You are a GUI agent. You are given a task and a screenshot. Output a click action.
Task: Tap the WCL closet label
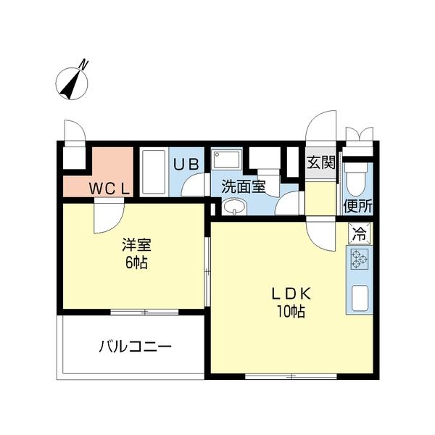pos(109,188)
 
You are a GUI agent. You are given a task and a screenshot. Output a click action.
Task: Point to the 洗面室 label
pos(243,186)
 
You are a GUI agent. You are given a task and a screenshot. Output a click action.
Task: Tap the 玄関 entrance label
pos(320,162)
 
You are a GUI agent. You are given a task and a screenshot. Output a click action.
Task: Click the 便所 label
pos(357,205)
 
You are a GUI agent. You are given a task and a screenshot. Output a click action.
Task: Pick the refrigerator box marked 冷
pos(358,233)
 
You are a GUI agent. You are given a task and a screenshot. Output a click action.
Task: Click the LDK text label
pos(291,294)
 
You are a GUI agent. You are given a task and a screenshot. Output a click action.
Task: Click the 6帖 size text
pos(136,263)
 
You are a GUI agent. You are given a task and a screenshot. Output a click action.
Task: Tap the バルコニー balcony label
pos(135,347)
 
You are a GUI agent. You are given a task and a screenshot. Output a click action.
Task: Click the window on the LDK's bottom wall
pos(291,376)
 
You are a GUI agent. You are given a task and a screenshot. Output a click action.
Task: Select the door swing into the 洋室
pos(107,217)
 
